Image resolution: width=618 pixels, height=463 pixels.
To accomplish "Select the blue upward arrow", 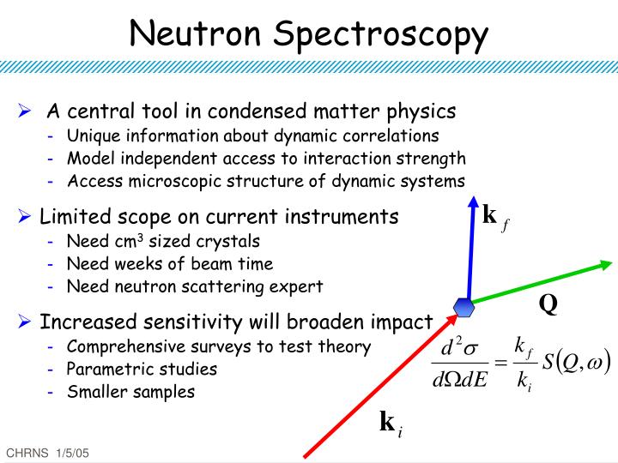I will tap(471, 249).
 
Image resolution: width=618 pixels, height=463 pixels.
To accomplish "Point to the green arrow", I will tap(541, 280).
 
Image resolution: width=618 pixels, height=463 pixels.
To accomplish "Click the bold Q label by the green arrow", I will tap(548, 304).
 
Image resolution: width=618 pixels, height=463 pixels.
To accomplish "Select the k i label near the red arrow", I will tap(391, 424).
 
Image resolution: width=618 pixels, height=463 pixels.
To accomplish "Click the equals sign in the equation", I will tap(500, 364).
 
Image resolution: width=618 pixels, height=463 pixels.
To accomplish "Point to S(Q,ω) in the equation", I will tap(576, 363).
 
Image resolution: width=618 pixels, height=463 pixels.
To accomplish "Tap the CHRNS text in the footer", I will tap(25, 452).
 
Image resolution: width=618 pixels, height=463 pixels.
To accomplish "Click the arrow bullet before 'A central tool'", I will tap(26, 111).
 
